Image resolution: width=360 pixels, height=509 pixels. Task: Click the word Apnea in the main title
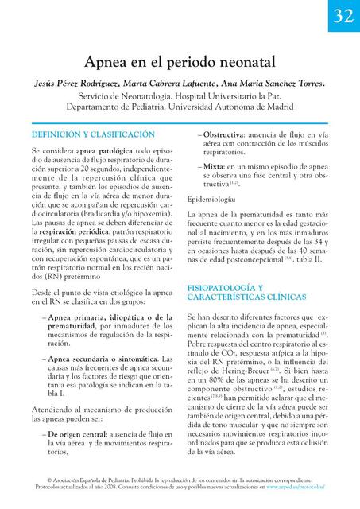point(110,60)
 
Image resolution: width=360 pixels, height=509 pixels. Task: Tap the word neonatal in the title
point(243,60)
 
